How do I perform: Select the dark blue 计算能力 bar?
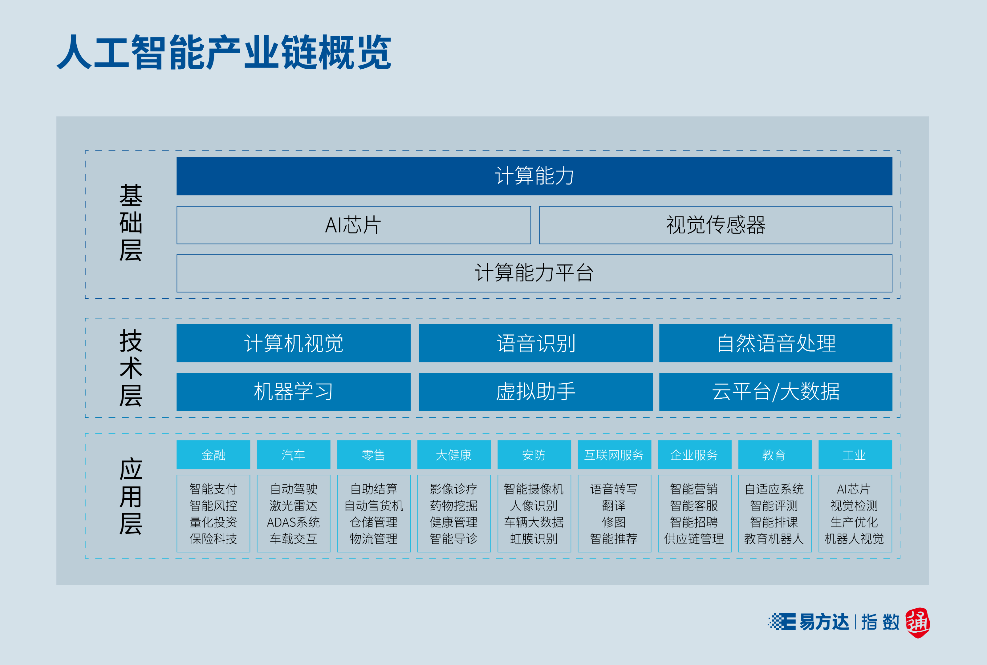click(534, 176)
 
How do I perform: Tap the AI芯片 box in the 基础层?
click(353, 225)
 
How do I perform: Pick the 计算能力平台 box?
click(534, 273)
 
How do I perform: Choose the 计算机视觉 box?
click(294, 343)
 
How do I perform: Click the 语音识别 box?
click(535, 343)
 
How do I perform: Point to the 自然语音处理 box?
click(776, 343)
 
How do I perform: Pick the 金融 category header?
click(213, 455)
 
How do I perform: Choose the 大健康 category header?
click(454, 455)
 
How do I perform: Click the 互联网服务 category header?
click(614, 455)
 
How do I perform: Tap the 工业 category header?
click(855, 455)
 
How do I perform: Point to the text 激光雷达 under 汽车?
click(293, 506)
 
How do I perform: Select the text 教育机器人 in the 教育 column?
click(774, 538)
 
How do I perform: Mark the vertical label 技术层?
click(131, 368)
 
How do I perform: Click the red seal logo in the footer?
click(917, 623)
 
